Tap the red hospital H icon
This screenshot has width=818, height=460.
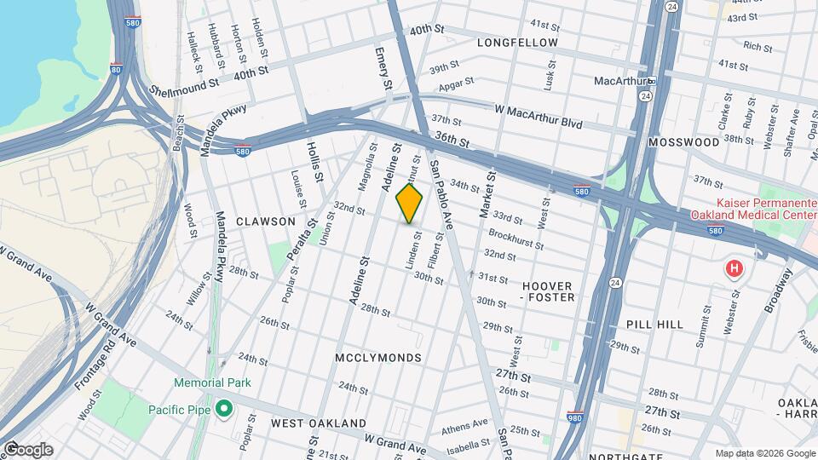point(734,269)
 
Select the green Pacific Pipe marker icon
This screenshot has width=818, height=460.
point(224,410)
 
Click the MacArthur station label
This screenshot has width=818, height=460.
point(619,81)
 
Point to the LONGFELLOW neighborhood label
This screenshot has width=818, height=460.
point(517,43)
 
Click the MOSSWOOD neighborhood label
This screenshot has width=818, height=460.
point(683,142)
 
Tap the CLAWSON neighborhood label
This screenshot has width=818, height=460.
point(265,221)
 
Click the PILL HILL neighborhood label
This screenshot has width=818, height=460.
point(654,325)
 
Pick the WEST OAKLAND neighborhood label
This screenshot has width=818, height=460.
point(318,423)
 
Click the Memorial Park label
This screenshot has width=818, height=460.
point(212,382)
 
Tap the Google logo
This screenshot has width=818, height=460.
point(27,449)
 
